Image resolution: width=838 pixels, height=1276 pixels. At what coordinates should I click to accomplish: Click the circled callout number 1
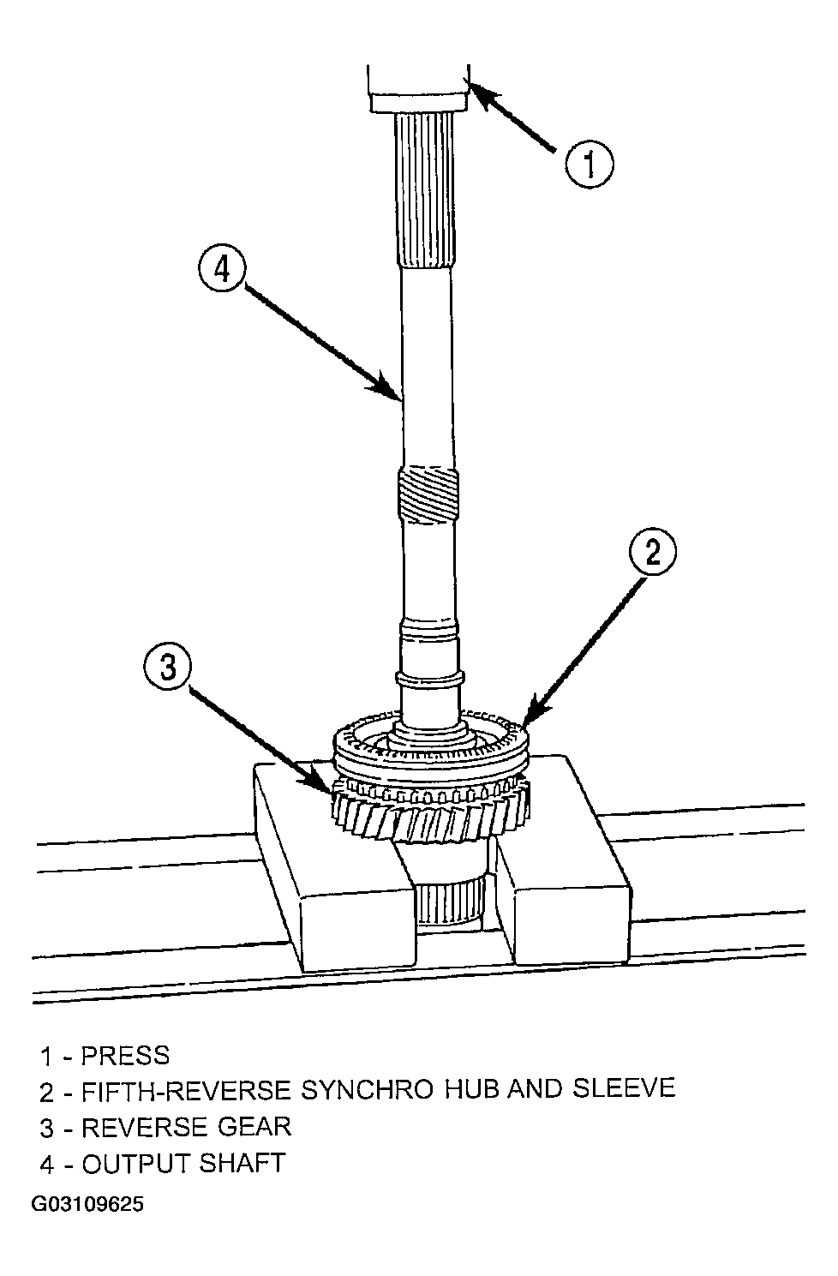point(590,164)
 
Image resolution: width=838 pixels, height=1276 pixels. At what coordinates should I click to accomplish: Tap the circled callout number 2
point(653,552)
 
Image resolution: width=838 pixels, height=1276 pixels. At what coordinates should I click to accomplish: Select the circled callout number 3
point(167,667)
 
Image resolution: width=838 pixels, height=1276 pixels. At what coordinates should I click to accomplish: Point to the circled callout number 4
point(222,268)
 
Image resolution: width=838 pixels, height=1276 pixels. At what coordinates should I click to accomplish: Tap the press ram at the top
point(419,88)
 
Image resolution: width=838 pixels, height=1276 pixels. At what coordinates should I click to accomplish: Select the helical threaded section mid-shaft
point(428,494)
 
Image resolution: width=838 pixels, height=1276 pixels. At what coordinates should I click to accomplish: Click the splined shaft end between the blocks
point(450,903)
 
